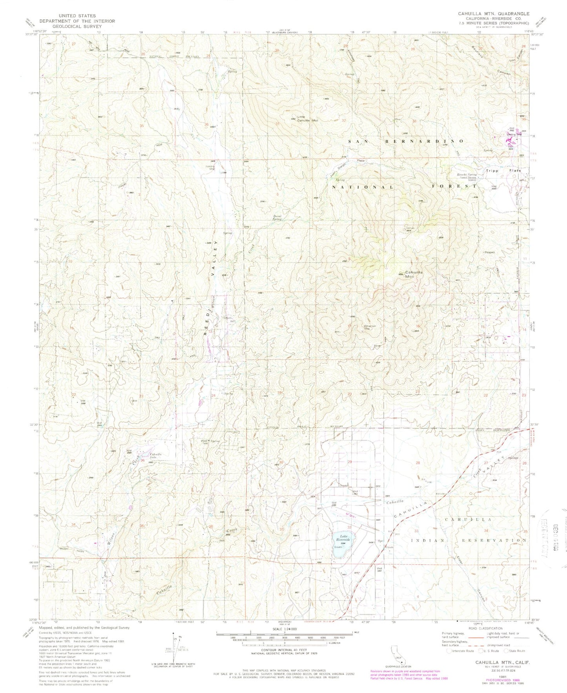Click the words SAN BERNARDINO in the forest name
(406, 140)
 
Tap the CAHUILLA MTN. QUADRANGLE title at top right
(493, 13)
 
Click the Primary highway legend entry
(457, 646)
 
